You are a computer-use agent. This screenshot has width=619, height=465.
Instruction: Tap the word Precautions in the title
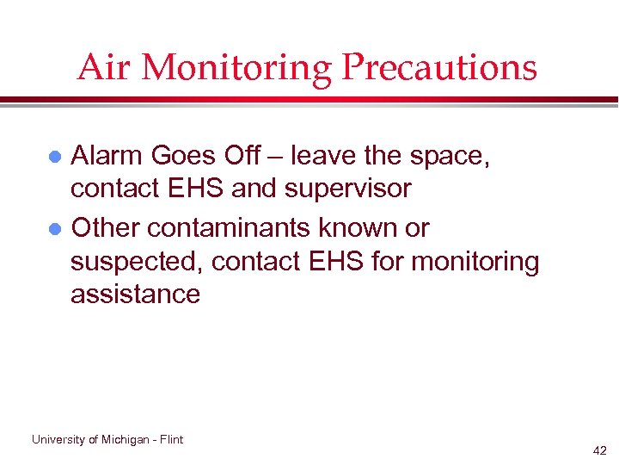click(x=438, y=68)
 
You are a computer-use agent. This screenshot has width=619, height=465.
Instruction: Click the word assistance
click(x=135, y=294)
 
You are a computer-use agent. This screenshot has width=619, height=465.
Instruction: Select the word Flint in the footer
click(x=171, y=439)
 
